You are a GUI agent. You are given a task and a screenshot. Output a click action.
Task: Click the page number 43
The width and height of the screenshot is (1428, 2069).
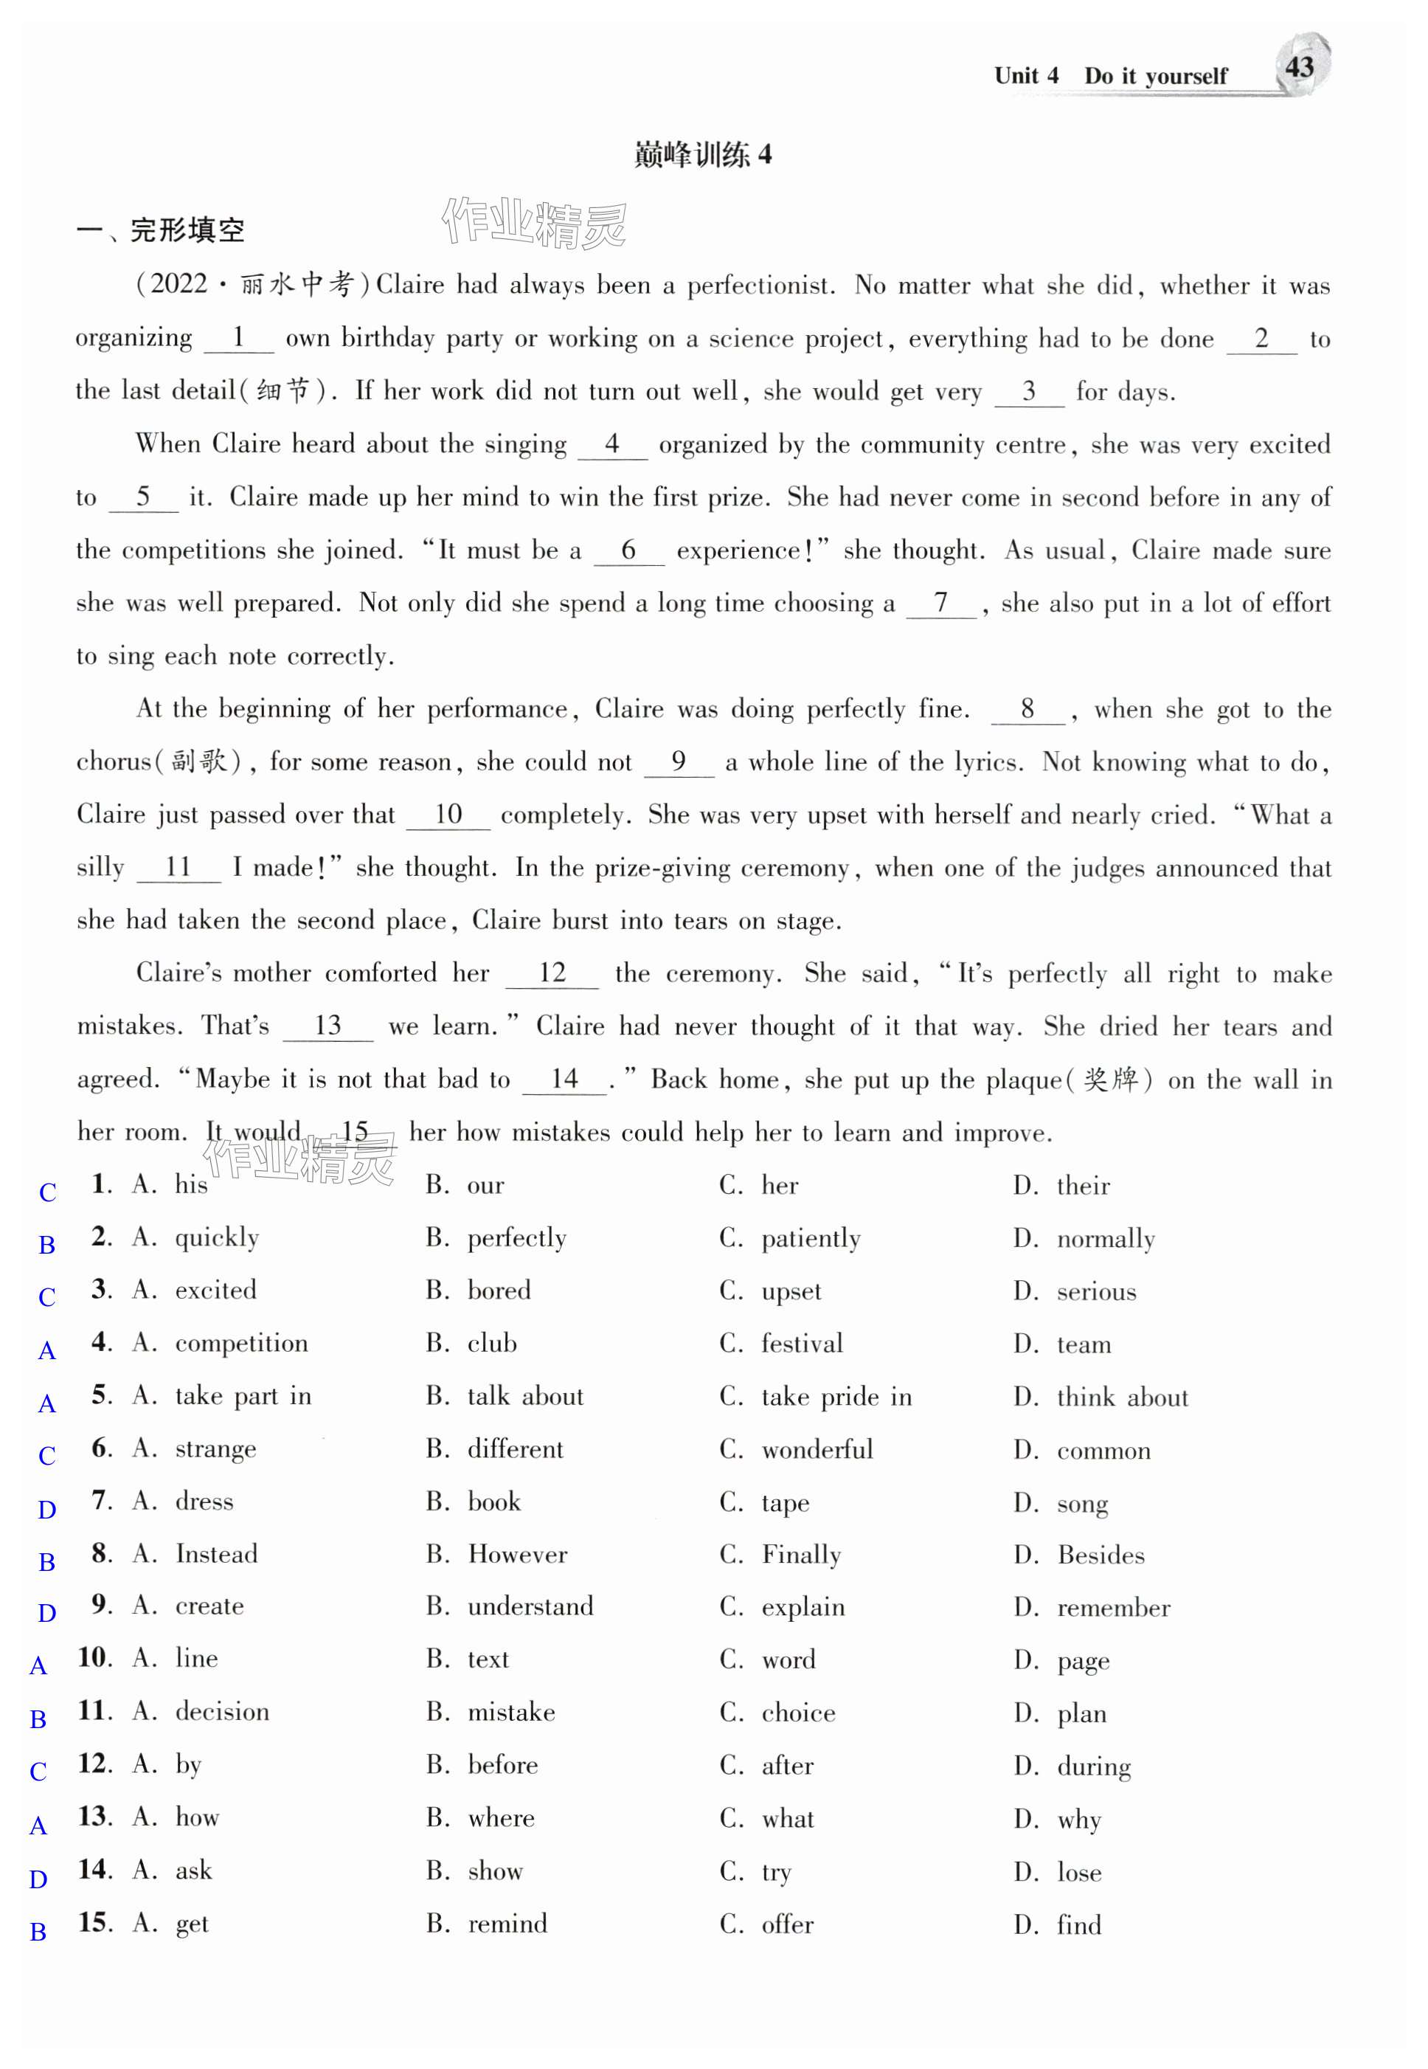coord(1298,67)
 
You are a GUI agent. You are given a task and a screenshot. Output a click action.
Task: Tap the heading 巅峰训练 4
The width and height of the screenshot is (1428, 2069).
coord(702,155)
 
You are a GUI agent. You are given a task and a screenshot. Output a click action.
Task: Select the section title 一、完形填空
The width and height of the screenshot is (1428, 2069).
coord(160,230)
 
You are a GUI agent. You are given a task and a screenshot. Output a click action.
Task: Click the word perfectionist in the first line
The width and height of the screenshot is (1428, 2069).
coord(760,286)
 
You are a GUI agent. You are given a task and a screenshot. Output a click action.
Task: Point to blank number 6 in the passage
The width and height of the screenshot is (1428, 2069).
coord(628,550)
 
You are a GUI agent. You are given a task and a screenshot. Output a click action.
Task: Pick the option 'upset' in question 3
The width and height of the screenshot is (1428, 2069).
coord(791,1291)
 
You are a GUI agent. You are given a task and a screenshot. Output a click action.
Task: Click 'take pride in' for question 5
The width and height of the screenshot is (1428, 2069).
coord(836,1397)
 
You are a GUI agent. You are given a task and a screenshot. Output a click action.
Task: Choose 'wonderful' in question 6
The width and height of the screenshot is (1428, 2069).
coord(816,1450)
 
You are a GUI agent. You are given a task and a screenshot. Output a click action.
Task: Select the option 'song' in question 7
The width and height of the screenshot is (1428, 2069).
coord(1082,1504)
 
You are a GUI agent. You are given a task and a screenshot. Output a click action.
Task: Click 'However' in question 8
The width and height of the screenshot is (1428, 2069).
coord(517,1555)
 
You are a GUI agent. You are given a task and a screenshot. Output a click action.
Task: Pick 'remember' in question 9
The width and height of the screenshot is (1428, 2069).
coord(1113,1608)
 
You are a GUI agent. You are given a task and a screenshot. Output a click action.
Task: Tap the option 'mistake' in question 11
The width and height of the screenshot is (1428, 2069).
coord(511,1713)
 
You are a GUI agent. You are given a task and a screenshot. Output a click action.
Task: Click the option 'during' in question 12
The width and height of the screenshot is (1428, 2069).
coord(1093,1766)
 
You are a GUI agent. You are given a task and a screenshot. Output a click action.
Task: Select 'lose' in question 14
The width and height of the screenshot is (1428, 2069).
coord(1078,1872)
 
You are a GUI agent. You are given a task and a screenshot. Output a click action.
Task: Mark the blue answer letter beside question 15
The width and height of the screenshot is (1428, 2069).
coord(38,1932)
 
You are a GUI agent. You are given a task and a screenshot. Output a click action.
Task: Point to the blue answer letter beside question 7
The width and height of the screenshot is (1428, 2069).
coord(47,1510)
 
